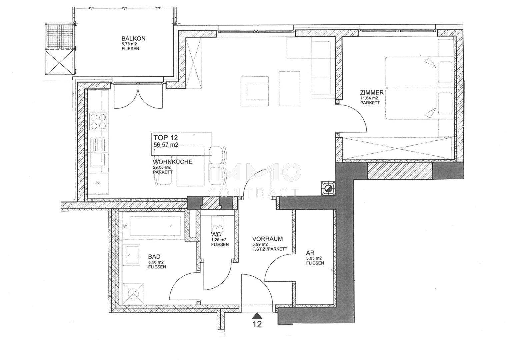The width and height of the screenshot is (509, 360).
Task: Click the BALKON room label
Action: tap(133, 38)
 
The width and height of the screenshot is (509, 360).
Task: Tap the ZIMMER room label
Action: tap(372, 93)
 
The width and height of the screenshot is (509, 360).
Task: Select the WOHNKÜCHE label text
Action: tap(173, 162)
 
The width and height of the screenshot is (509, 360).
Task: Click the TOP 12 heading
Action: tap(166, 137)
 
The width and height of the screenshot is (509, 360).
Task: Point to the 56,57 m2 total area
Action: tap(166, 145)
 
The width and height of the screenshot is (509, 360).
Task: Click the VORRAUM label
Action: tap(267, 239)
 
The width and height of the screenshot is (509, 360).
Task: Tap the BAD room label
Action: tap(154, 257)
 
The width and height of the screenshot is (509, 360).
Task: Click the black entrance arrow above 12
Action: tap(257, 316)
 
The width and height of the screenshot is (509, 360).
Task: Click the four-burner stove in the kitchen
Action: tap(98, 122)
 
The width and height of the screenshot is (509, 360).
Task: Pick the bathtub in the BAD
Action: tap(155, 226)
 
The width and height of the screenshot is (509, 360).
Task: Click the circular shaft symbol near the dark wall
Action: tap(328, 188)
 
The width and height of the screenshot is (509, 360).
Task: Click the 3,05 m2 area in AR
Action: tap(314, 258)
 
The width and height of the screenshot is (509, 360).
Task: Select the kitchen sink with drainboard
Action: tap(98, 152)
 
